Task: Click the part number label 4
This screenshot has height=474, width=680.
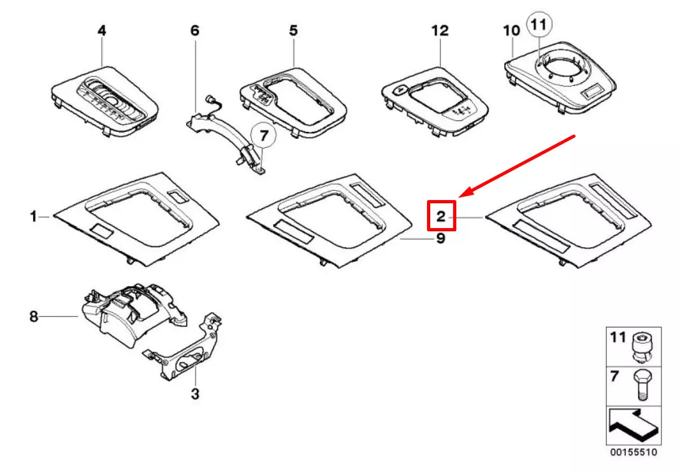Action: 101,30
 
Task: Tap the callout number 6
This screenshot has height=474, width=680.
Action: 195,30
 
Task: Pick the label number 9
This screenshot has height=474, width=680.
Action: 440,239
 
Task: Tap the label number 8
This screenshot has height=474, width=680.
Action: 34,316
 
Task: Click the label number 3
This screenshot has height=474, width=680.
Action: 195,394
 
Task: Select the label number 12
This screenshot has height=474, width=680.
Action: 440,30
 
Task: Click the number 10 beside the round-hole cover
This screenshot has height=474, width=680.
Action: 511,30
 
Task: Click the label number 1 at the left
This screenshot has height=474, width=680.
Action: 33,217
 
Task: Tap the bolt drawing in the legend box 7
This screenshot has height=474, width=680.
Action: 642,386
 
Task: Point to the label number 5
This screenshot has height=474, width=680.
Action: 293,30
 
